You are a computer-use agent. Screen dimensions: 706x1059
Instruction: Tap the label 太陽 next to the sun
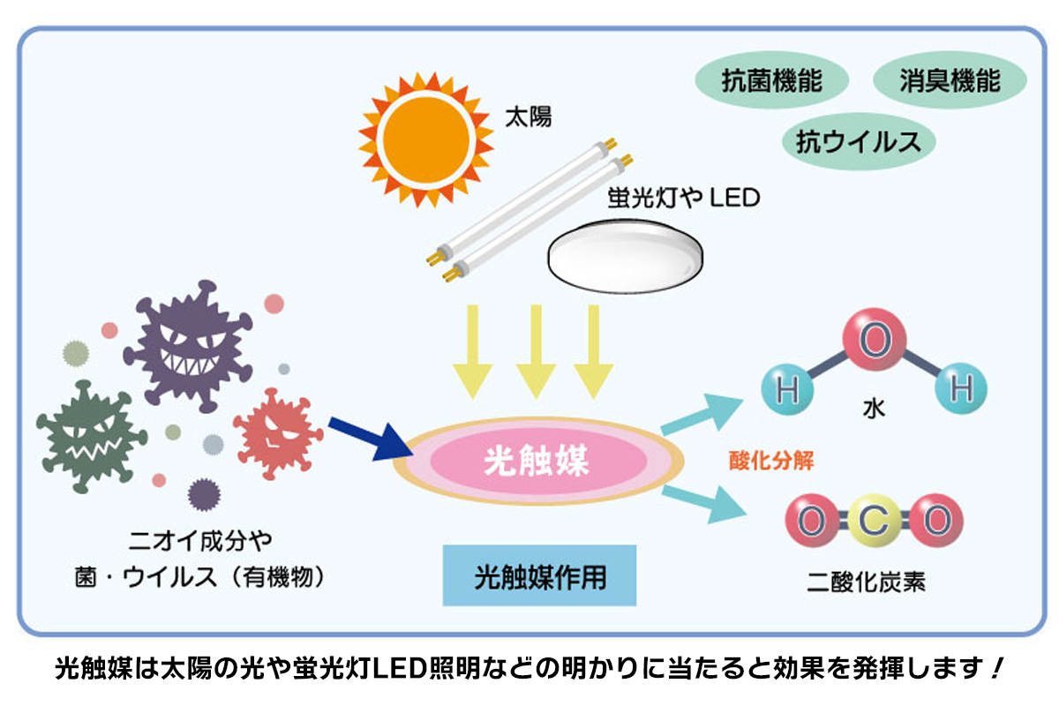pos(528,116)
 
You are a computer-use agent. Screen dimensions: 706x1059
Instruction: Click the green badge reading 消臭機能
pos(950,81)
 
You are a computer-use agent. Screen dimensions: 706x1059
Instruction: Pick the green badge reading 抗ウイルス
pos(858,141)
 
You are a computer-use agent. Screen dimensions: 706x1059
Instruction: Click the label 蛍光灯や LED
pos(683,198)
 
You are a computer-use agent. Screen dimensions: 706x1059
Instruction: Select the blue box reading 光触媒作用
pos(539,576)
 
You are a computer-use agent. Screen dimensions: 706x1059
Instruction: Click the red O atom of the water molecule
pos(872,341)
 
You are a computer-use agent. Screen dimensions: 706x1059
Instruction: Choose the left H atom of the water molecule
pos(785,389)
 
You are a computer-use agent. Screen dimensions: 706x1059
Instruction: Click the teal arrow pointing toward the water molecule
pos(701,416)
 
